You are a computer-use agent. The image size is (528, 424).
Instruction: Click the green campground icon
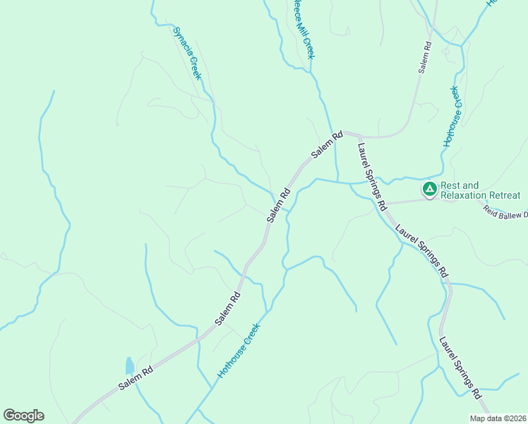point(429,189)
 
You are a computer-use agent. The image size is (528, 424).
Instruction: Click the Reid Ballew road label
point(505,210)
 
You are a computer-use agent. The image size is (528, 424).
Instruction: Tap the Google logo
point(23,416)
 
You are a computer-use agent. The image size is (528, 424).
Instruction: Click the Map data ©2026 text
point(497,418)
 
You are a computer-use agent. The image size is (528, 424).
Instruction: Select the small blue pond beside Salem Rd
point(129,365)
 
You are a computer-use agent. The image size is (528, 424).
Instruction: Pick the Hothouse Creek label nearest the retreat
point(452,117)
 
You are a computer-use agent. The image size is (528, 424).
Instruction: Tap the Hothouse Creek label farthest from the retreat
point(239,351)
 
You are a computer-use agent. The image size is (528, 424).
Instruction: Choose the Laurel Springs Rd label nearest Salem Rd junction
point(371,177)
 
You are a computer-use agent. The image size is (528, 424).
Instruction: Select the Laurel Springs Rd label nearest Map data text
point(460,367)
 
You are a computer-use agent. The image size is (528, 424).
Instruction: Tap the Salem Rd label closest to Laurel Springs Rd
point(328,145)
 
